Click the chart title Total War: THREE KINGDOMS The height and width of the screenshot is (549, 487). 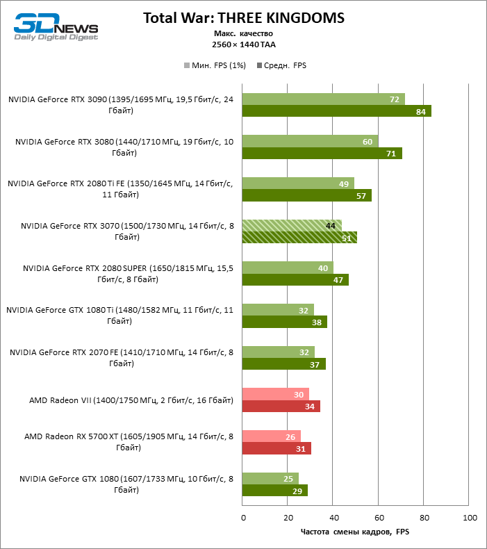pyautogui.click(x=243, y=17)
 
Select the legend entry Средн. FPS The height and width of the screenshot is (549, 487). pyautogui.click(x=282, y=65)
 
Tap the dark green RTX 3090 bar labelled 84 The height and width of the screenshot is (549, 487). pyautogui.click(x=336, y=111)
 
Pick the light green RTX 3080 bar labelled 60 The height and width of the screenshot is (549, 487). pyautogui.click(x=310, y=141)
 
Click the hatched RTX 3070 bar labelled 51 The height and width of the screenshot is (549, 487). pyautogui.click(x=299, y=238)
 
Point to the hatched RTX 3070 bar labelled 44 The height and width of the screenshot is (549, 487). pyautogui.click(x=292, y=225)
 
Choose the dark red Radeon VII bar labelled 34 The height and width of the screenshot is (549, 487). pyautogui.click(x=281, y=407)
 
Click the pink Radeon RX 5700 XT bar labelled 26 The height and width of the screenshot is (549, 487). pyautogui.click(x=272, y=436)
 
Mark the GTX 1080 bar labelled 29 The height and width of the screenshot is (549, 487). pyautogui.click(x=275, y=491)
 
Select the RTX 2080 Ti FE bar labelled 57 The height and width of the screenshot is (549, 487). pyautogui.click(x=306, y=195)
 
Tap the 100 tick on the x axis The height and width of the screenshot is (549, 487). pyautogui.click(x=470, y=518)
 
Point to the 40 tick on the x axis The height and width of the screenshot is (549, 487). pyautogui.click(x=333, y=518)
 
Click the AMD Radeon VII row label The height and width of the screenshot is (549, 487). pyautogui.click(x=131, y=400)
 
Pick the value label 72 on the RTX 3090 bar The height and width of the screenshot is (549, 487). pyautogui.click(x=394, y=99)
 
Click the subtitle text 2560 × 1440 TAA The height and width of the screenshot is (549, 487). pyautogui.click(x=243, y=44)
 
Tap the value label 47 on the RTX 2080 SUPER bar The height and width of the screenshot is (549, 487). pyautogui.click(x=338, y=280)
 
